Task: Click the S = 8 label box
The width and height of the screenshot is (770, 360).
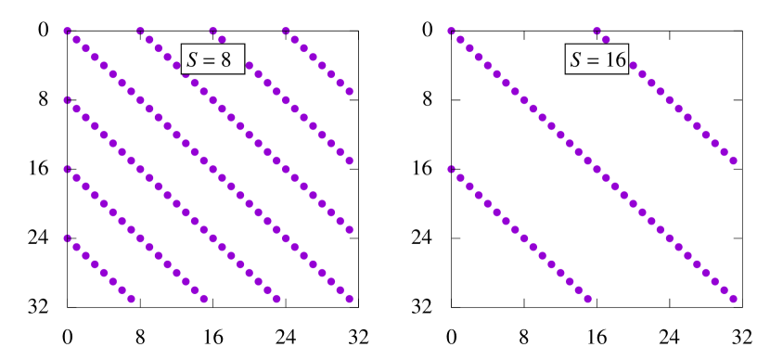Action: pyautogui.click(x=213, y=60)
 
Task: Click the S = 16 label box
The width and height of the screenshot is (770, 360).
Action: pyautogui.click(x=597, y=60)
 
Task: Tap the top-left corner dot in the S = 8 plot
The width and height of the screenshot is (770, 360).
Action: pyautogui.click(x=68, y=32)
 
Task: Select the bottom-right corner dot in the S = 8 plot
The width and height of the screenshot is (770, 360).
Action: pyautogui.click(x=350, y=299)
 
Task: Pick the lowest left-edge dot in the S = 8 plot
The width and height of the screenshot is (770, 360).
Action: pyautogui.click(x=68, y=238)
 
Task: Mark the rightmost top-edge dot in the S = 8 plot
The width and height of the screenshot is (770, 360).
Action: pyautogui.click(x=286, y=32)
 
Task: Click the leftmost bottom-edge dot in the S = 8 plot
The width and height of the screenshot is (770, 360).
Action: pyautogui.click(x=131, y=299)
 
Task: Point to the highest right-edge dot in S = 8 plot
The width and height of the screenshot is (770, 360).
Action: pyautogui.click(x=350, y=92)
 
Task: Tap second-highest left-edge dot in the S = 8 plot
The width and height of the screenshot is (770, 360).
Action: pyautogui.click(x=68, y=100)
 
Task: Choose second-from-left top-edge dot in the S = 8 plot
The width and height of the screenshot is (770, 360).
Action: pyautogui.click(x=140, y=32)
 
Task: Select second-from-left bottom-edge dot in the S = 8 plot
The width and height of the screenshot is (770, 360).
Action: pyautogui.click(x=204, y=299)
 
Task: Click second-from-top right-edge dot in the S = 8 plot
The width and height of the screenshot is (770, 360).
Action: pyautogui.click(x=350, y=161)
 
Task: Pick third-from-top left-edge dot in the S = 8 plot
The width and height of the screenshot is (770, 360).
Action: pyautogui.click(x=68, y=170)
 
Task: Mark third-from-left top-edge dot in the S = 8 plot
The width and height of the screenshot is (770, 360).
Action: pyautogui.click(x=213, y=32)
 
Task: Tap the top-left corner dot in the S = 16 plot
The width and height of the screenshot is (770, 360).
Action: pyautogui.click(x=452, y=32)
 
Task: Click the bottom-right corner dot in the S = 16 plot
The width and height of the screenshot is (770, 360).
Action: pyautogui.click(x=733, y=299)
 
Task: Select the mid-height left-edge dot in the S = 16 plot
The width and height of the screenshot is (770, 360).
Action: pyautogui.click(x=452, y=170)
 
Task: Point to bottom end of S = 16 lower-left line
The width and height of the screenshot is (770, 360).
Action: pyautogui.click(x=588, y=299)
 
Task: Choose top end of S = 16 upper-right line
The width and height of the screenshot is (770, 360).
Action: pyautogui.click(x=597, y=32)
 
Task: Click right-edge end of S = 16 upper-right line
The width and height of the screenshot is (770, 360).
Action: pyautogui.click(x=733, y=161)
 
